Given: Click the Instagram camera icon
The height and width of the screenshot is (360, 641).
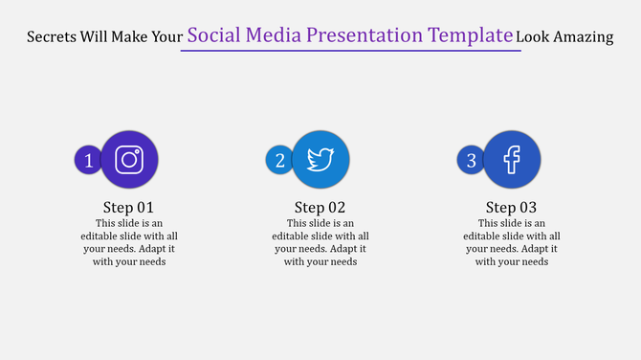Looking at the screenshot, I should click(129, 159).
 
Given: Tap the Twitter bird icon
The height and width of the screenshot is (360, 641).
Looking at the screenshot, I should click(320, 159).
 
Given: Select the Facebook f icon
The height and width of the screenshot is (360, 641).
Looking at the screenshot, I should click(512, 159).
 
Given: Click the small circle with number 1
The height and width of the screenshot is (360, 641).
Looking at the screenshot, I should click(88, 161).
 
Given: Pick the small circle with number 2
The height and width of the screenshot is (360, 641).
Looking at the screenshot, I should click(279, 161).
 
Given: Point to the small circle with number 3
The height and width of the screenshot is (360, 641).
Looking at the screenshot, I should click(471, 161).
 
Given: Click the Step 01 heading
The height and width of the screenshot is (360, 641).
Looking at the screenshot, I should click(128, 208).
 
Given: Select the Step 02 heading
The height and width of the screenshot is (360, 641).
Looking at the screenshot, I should click(320, 208).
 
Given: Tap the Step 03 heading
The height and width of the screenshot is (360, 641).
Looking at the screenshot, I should click(511, 208).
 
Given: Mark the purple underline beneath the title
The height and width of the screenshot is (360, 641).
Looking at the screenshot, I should click(350, 51).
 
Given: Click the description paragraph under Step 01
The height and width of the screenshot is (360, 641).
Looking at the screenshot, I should click(128, 242).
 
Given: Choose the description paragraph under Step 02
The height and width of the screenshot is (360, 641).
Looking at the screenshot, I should click(320, 242).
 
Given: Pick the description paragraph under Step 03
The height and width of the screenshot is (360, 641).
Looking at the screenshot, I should click(511, 242).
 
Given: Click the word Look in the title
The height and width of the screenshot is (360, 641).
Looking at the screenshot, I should click(533, 37).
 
